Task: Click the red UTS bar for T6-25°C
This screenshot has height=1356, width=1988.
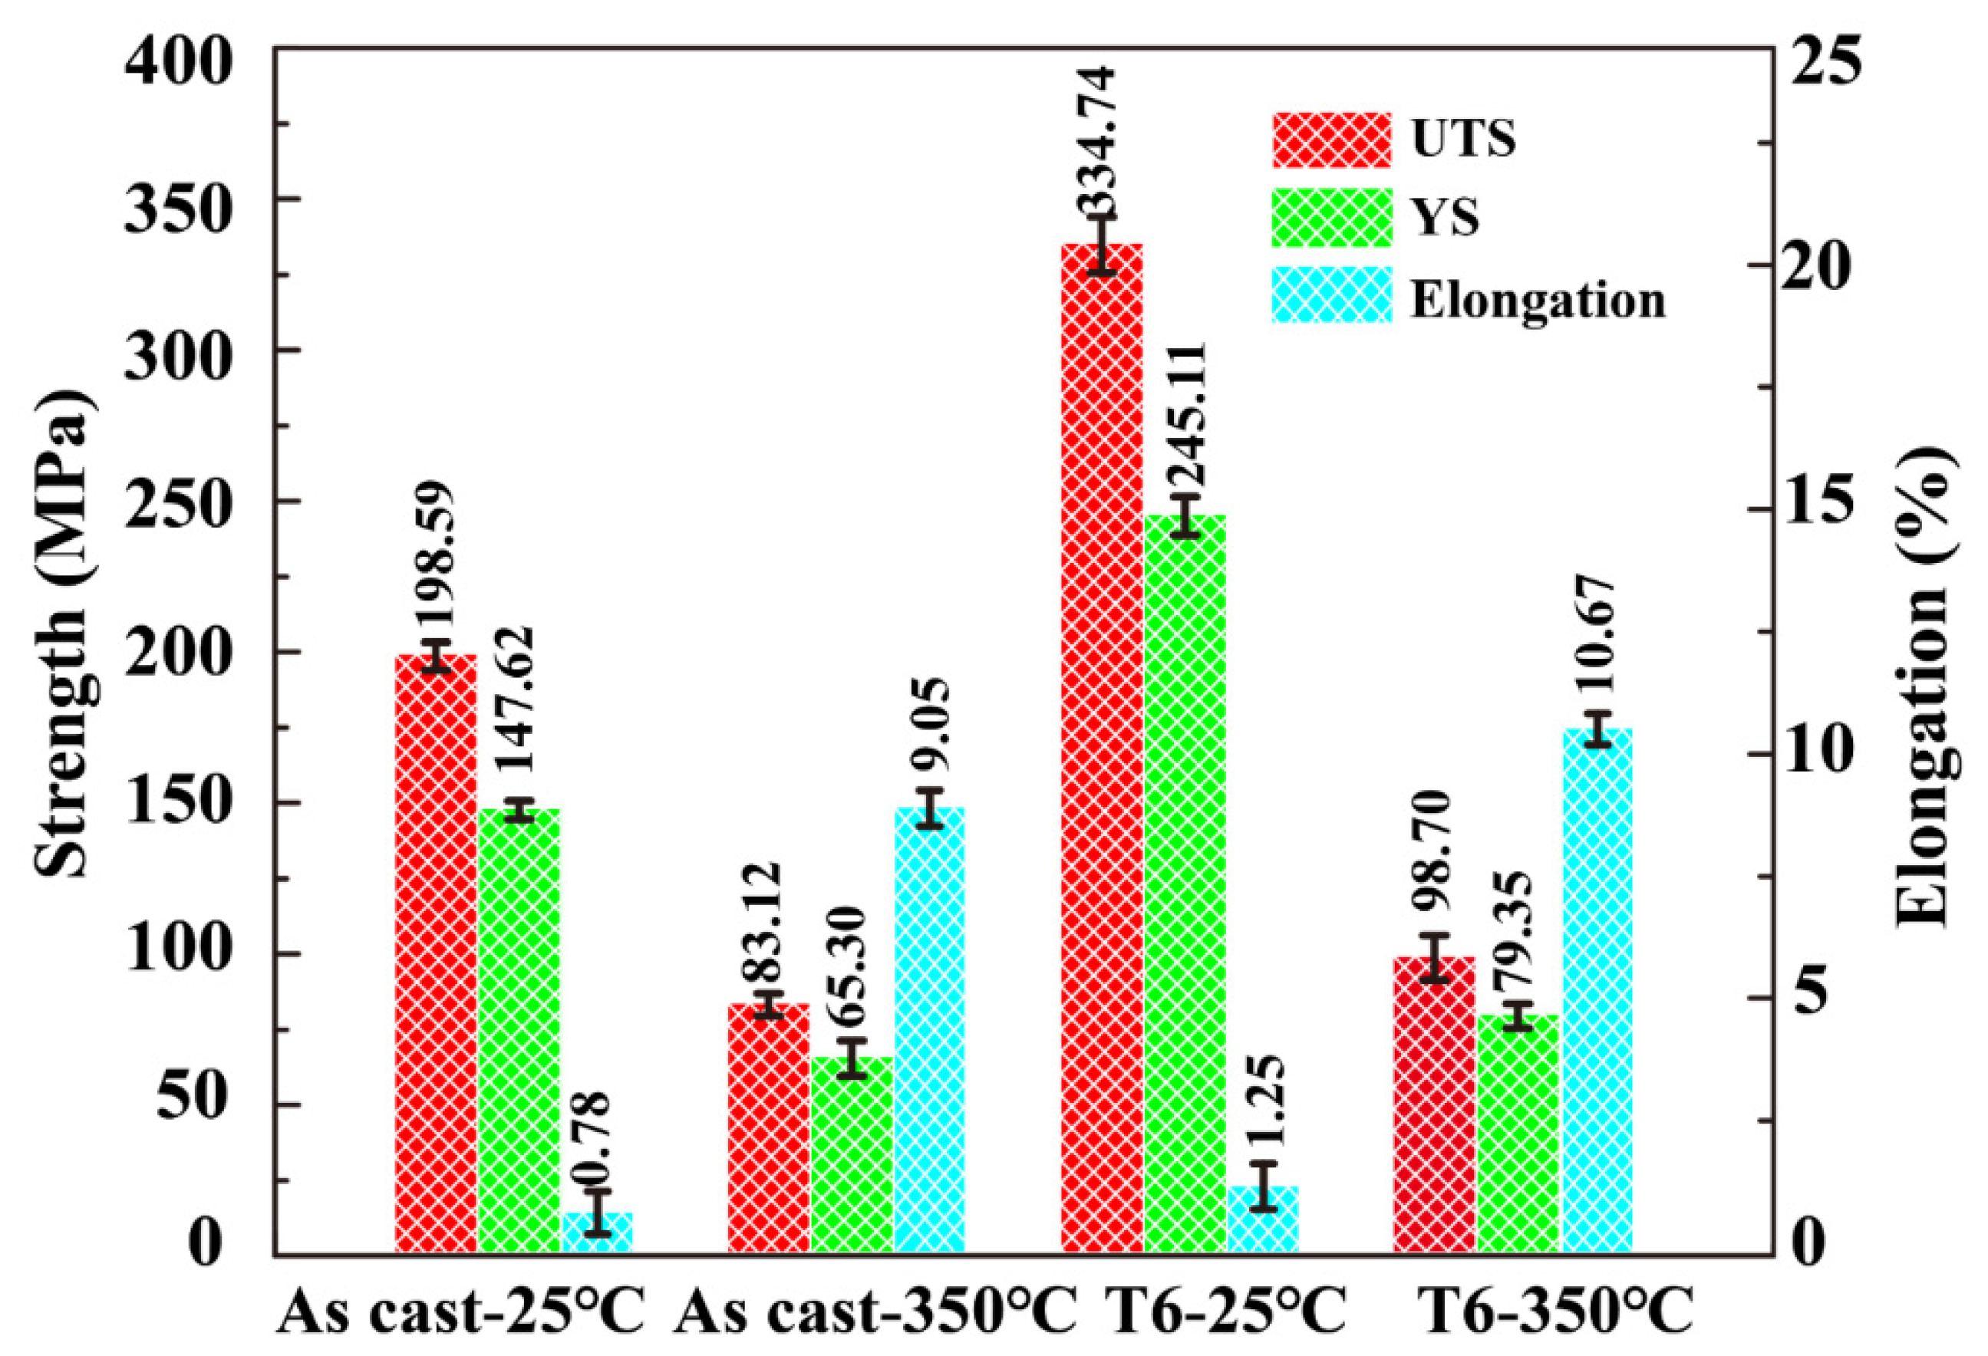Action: click(x=1102, y=752)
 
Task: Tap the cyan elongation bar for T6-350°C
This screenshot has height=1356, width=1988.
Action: click(x=1597, y=992)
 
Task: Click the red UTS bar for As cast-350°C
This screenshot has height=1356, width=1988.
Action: click(x=768, y=1128)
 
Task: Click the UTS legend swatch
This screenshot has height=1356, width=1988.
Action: click(x=1331, y=140)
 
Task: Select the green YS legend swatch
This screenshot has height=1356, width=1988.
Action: click(x=1331, y=218)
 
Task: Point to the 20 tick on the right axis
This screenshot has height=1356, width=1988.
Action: click(x=1822, y=266)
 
